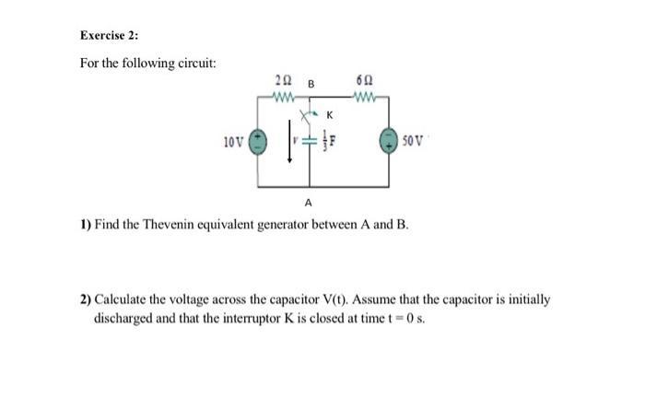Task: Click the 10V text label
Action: pyautogui.click(x=233, y=143)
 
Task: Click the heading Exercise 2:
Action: pyautogui.click(x=108, y=36)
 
